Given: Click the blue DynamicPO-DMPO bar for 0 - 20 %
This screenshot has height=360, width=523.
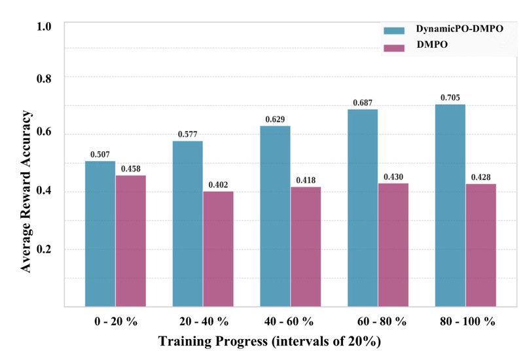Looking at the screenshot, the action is (x=100, y=234).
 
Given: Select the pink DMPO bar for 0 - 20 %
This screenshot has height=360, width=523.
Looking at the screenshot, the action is (x=131, y=241).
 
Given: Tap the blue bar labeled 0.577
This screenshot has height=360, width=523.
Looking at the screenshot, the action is (x=187, y=224).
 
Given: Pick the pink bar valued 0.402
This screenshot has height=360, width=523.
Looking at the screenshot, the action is (x=219, y=249).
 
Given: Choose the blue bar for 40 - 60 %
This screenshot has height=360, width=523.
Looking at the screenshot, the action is (x=275, y=216).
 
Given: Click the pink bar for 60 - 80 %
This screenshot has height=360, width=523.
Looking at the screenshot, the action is (x=393, y=245).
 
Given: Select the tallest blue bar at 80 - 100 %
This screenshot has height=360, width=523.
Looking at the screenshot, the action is (x=450, y=206).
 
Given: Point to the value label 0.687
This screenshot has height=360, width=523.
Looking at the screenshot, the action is (x=363, y=103).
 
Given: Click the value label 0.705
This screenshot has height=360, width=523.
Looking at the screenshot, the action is (x=450, y=98).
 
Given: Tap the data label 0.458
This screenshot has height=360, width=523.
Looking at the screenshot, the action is (x=131, y=169).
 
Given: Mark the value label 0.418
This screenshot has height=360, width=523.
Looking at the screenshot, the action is (x=306, y=181).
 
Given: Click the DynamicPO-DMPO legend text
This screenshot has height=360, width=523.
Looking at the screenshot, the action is (x=460, y=29).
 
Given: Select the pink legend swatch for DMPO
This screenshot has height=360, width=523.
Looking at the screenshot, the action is (x=394, y=48).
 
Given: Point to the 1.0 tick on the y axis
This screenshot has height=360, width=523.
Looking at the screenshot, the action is (x=44, y=27).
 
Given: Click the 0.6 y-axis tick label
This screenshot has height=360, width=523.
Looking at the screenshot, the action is (x=44, y=132).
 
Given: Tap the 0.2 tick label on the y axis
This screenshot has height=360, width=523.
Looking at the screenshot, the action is (x=44, y=249).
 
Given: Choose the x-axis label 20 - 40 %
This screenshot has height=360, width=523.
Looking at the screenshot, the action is (x=204, y=321).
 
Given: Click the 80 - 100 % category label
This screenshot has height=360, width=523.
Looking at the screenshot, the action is (x=467, y=321).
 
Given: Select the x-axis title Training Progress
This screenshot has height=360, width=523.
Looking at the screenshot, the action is (x=213, y=341).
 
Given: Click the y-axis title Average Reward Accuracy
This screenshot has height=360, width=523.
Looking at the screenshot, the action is (x=26, y=192).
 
